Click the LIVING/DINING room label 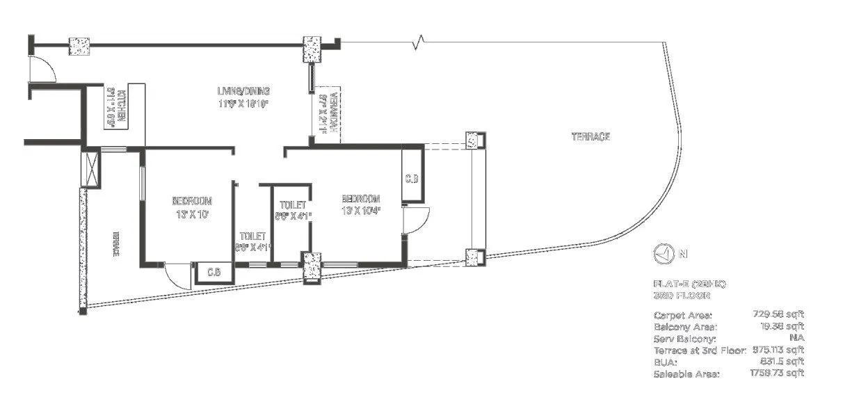click(x=242, y=91)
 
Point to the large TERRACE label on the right click(x=590, y=137)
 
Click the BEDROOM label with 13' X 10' click(x=191, y=202)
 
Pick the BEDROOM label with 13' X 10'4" click(x=361, y=197)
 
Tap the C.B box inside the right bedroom click(x=411, y=179)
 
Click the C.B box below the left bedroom click(x=214, y=272)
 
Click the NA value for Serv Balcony click(x=796, y=338)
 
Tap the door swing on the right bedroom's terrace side click(x=417, y=221)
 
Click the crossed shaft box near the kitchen click(x=91, y=167)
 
